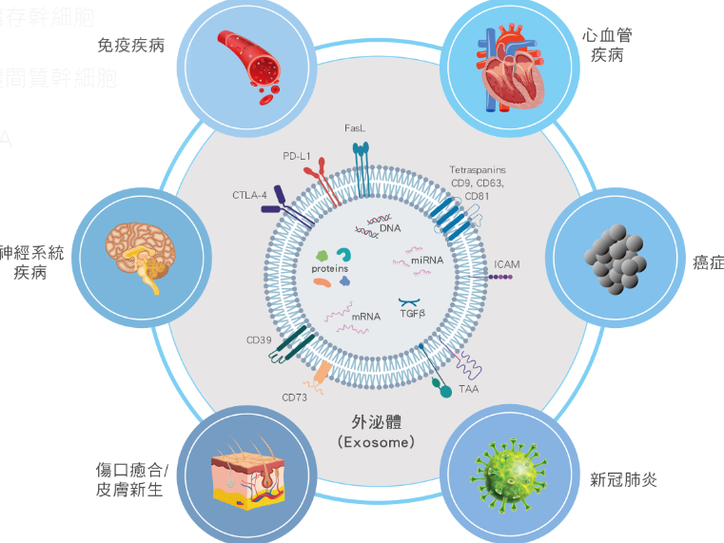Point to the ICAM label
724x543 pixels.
pos(508,263)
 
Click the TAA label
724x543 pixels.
pos(467,389)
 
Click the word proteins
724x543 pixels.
pos(329,270)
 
